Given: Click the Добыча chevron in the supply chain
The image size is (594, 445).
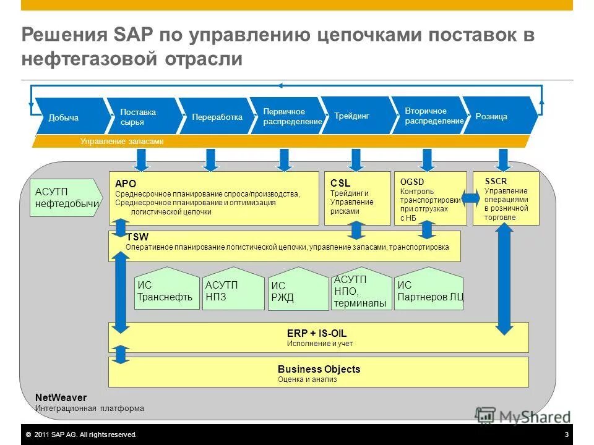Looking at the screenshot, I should [64, 117].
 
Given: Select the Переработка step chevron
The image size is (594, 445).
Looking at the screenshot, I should [217, 117].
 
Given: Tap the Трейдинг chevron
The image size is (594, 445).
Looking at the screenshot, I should [352, 116].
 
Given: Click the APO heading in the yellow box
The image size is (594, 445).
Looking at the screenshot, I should [126, 184].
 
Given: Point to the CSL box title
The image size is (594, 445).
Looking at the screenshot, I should [340, 184].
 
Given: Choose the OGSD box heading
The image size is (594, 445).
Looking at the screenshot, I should [412, 181].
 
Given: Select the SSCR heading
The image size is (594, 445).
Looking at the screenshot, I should [496, 181].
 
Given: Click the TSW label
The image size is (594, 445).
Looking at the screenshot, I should [137, 237].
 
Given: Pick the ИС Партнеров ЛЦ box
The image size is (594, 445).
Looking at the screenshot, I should [429, 290].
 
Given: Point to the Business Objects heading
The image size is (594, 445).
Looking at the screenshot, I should [319, 369].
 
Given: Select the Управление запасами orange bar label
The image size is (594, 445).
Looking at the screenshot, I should [122, 142].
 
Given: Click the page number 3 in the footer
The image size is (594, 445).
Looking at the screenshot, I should [566, 435].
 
